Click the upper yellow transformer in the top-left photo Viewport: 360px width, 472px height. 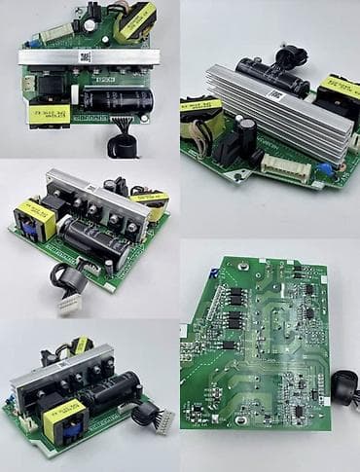pos(134,20)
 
